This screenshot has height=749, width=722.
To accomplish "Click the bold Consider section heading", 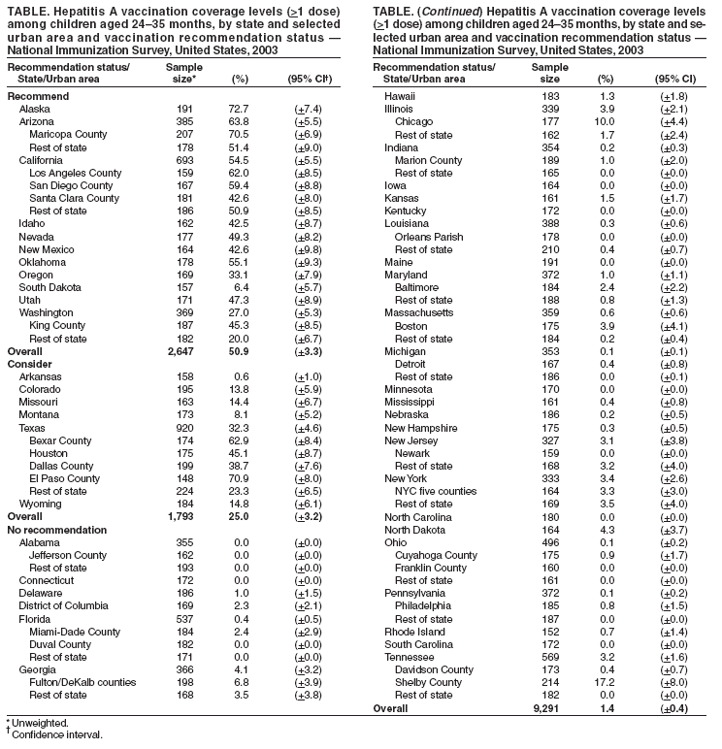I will (30, 363).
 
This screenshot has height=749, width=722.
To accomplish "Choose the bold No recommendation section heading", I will (56, 530).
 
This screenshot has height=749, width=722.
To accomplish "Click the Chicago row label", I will (413, 121).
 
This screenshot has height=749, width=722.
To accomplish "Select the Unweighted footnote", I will (39, 723).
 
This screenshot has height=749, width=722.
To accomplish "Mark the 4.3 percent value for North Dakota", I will (606, 529).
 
